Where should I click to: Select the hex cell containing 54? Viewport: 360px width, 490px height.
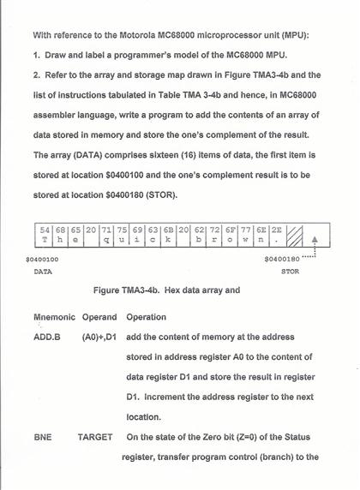pos(45,236)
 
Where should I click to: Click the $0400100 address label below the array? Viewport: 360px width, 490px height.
pos(42,258)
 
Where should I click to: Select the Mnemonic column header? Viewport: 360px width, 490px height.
pos(54,317)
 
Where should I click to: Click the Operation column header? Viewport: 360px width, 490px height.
pos(147,317)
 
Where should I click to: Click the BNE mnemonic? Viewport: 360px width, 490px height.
pos(43,438)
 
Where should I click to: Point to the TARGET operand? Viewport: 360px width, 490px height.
pos(95,438)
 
